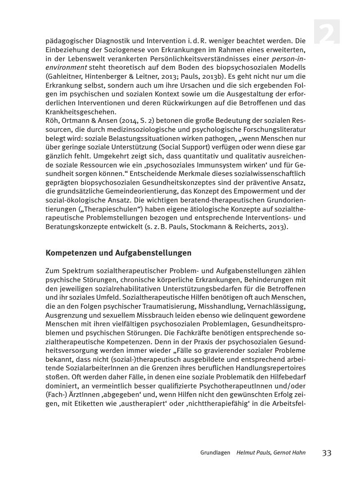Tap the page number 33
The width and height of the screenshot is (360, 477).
327,453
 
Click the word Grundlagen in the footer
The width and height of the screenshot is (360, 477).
216,453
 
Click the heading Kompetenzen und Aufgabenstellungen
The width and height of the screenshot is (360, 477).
118,253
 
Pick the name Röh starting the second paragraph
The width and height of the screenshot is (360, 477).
52,121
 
